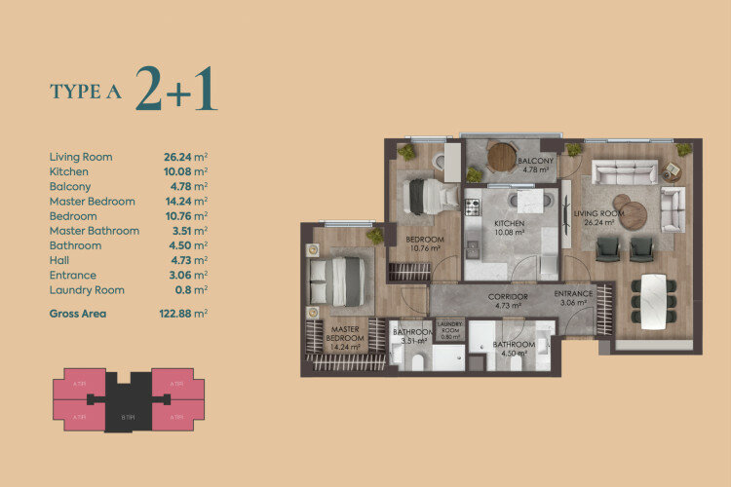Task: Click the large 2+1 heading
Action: (x=176, y=90)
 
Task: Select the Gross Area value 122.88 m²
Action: (x=186, y=314)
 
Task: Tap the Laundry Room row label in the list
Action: (x=87, y=290)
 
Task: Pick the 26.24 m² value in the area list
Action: (x=186, y=157)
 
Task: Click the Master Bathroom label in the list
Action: (x=95, y=231)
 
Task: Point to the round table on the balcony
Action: (x=500, y=155)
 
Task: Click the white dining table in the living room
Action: (x=652, y=297)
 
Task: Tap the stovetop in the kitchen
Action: (x=472, y=206)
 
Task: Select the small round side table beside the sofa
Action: (x=672, y=172)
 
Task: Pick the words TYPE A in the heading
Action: (x=87, y=92)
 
